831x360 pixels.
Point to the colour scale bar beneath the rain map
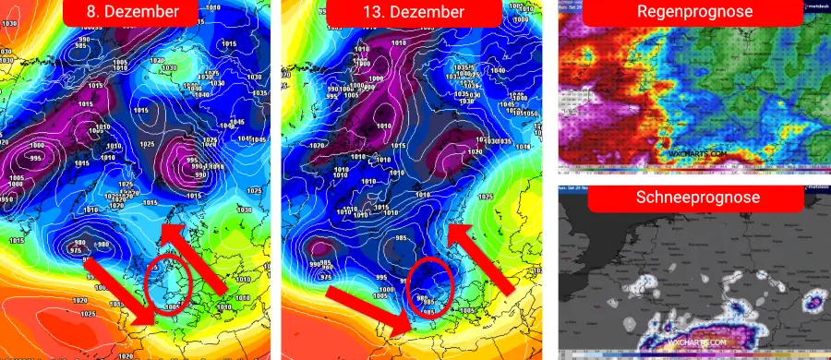tap(692, 167)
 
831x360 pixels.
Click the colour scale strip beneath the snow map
tap(692, 354)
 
